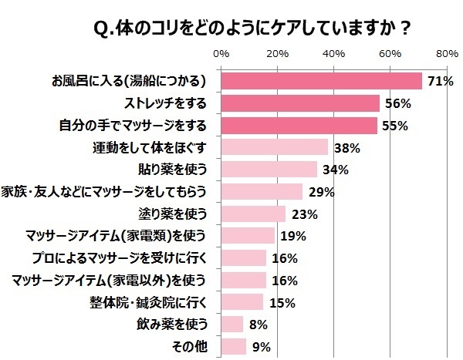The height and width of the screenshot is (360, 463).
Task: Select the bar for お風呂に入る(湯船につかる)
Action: (321, 81)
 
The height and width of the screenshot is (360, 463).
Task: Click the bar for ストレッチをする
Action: (300, 103)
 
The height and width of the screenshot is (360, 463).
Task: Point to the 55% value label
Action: (394, 126)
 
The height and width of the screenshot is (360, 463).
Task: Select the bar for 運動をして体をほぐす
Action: (275, 147)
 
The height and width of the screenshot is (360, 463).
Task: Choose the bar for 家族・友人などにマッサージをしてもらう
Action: (262, 191)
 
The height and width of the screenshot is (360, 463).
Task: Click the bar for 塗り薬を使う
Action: (253, 214)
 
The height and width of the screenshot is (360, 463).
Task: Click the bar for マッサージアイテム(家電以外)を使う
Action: (243, 280)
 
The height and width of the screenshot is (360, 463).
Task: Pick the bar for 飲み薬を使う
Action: (232, 324)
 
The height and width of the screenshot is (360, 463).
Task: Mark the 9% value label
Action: (261, 347)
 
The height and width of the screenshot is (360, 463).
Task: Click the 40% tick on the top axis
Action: (333, 55)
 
